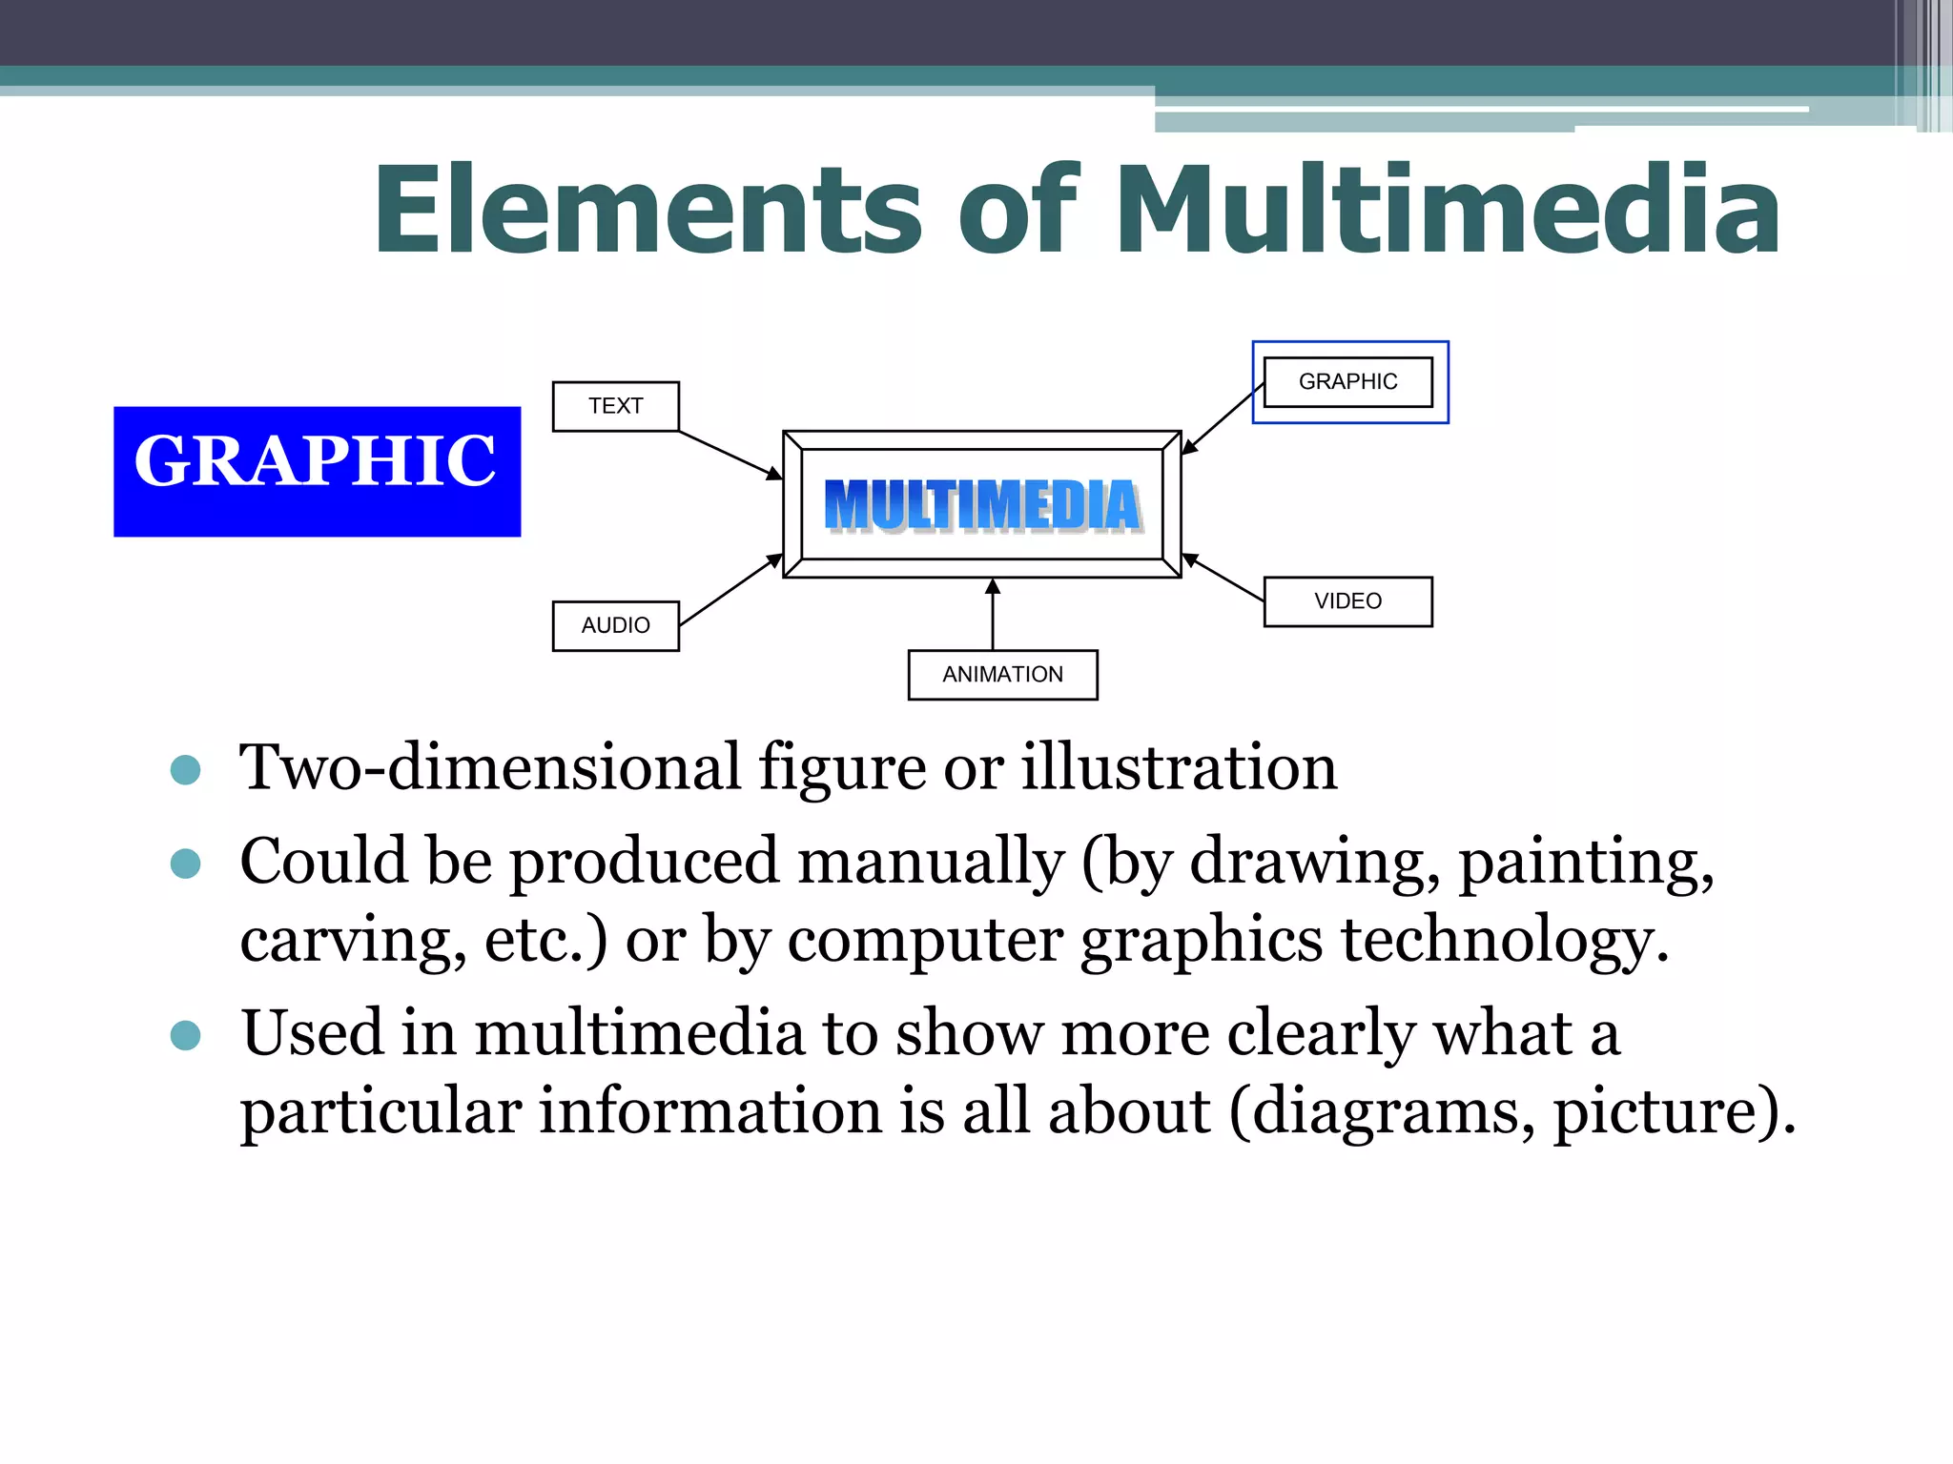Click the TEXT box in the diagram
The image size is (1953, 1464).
tap(615, 406)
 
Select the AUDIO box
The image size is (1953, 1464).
tap(615, 625)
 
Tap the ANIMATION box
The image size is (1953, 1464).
tap(1002, 675)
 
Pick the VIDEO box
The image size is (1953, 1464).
tap(1347, 601)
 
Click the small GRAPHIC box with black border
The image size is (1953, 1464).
tap(1347, 381)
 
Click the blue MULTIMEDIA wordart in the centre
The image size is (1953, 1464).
tap(982, 505)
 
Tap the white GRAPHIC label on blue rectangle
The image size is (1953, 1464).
tap(316, 461)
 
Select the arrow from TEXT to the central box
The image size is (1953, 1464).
tap(730, 455)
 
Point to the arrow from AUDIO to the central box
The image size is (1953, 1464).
tap(730, 591)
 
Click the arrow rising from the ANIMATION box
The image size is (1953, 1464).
tap(993, 615)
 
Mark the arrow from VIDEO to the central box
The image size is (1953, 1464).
tap(1223, 578)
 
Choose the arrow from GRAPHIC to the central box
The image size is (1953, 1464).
tap(1223, 417)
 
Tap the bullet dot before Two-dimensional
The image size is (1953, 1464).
tap(185, 770)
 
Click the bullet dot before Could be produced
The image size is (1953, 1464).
tap(185, 864)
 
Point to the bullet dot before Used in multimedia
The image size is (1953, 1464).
tap(185, 1035)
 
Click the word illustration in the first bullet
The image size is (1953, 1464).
tap(1179, 768)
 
